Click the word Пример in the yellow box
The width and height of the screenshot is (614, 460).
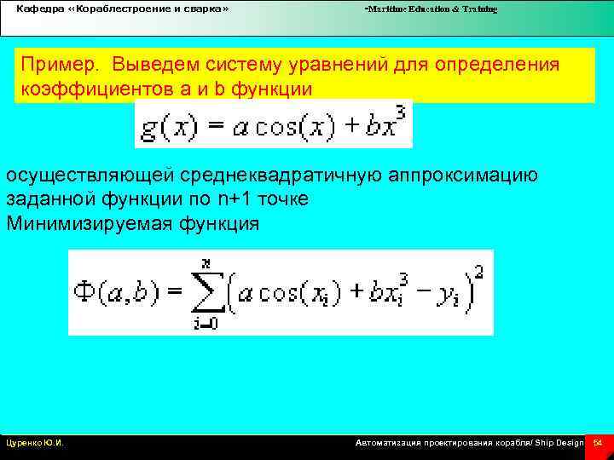pos(55,66)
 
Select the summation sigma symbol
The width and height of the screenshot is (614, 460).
pos(207,292)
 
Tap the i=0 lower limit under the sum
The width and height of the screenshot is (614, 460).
pos(205,322)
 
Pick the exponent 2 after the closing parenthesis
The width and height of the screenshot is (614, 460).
pos(481,272)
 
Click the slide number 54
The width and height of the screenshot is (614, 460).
pos(597,444)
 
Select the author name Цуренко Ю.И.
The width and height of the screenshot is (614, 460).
pos(36,444)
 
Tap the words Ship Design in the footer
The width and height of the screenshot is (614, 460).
pos(559,444)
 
